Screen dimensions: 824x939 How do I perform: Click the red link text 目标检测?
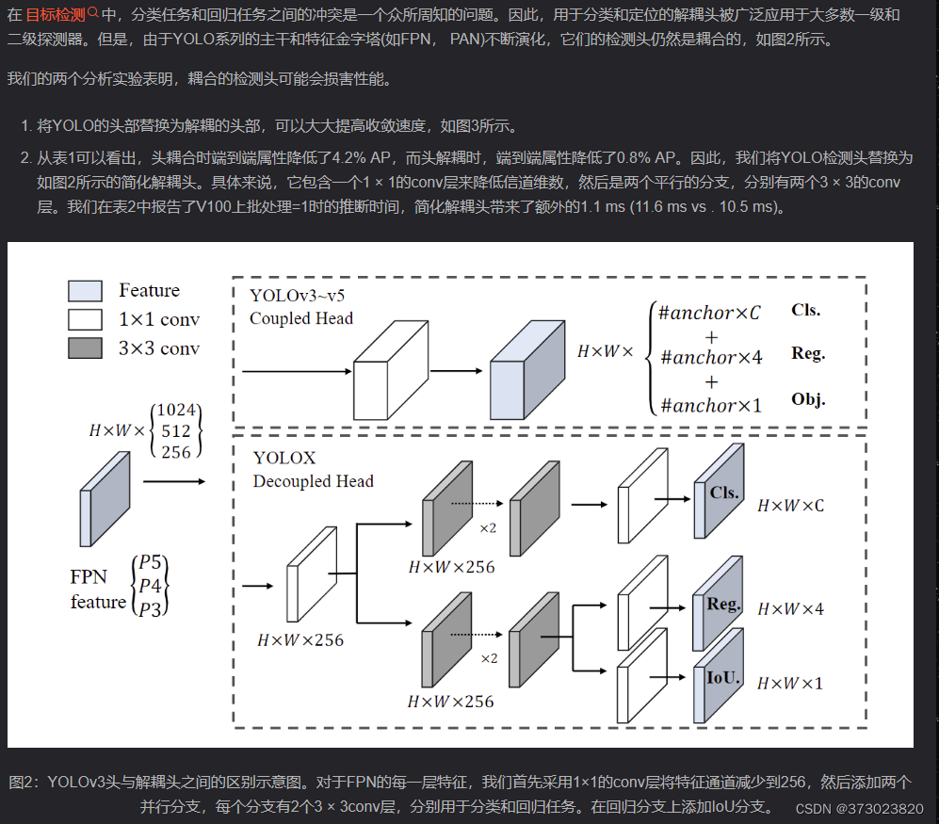tap(55, 14)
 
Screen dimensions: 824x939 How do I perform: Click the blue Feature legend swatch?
tap(85, 291)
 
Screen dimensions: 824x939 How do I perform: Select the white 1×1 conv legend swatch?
tap(85, 319)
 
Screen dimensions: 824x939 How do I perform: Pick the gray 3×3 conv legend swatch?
tap(85, 348)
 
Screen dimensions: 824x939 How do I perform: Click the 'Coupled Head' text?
tap(301, 318)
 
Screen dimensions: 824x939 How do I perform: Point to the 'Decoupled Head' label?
tap(314, 481)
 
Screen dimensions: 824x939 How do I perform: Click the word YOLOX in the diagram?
tap(284, 459)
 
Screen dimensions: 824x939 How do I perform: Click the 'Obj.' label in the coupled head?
tap(808, 399)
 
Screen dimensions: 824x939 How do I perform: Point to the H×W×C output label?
tap(790, 506)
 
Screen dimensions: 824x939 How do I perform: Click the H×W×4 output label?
tap(790, 609)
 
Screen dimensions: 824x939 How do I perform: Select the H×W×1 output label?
tap(790, 683)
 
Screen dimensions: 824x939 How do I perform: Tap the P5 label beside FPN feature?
tap(151, 563)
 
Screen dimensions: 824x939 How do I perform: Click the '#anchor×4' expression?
tap(711, 357)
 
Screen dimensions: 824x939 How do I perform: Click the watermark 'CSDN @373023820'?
tap(859, 809)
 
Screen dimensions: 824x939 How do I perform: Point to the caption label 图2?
tap(23, 782)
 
